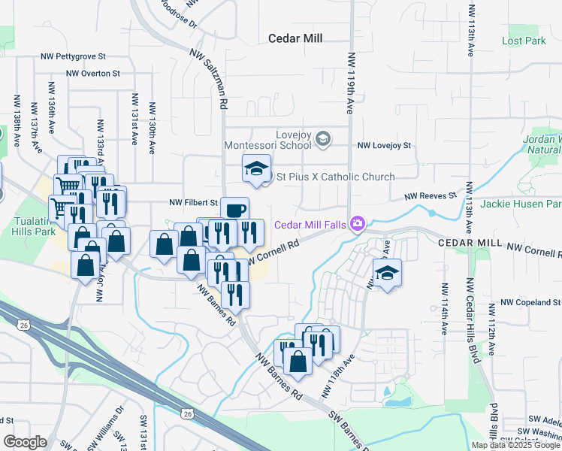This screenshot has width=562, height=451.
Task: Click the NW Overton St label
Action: [x=93, y=73]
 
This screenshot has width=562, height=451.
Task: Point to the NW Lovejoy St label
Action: [x=385, y=145]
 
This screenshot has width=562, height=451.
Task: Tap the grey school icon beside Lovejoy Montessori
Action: [x=322, y=138]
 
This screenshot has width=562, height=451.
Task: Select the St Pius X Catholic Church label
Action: [x=336, y=177]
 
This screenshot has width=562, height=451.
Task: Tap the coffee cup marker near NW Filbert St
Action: [x=234, y=209]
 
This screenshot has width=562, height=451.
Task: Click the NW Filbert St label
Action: [x=193, y=202]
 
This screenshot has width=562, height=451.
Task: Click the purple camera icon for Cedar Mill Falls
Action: [x=358, y=223]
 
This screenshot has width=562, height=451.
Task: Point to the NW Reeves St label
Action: [x=431, y=195]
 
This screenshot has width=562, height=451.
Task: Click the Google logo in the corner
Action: [x=26, y=442]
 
